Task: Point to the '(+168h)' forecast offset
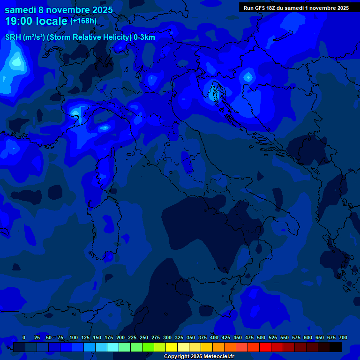(83, 21)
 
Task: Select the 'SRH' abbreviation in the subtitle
(13, 37)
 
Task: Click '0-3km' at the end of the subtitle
(144, 37)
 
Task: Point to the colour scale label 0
(24, 337)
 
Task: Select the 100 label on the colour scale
(74, 337)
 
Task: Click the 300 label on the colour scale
(167, 337)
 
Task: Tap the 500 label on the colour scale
(261, 337)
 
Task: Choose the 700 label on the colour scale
(343, 337)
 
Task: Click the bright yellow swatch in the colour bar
(172, 347)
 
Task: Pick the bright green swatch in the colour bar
(148, 347)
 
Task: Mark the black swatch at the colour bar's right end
(336, 347)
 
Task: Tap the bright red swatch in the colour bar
(265, 347)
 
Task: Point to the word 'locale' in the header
(52, 21)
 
